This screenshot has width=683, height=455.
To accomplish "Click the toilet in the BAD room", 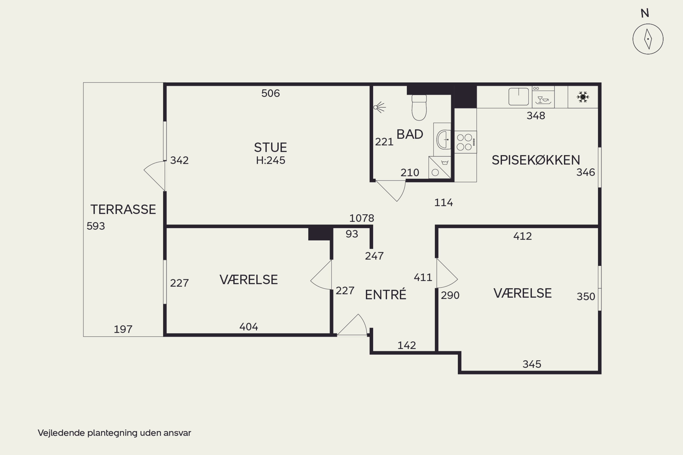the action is [x=419, y=107].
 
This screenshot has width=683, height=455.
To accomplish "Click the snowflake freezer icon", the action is [x=583, y=97].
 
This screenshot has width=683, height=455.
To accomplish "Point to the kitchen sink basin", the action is [x=518, y=97].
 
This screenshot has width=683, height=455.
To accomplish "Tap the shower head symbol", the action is [x=380, y=107].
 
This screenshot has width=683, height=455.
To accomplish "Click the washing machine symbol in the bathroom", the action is [x=440, y=167].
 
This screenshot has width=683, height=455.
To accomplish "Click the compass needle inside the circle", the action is [x=648, y=39].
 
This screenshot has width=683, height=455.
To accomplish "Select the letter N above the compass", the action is [x=645, y=13].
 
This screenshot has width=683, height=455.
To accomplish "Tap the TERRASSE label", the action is [x=123, y=209].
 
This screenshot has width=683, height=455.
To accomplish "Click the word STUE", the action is [x=270, y=147].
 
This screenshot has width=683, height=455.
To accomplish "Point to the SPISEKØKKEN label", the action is [x=536, y=160].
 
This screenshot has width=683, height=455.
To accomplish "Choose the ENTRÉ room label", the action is [x=385, y=295].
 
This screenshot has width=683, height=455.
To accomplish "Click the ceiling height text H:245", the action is [x=270, y=160].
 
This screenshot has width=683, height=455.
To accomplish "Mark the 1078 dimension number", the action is [x=362, y=218].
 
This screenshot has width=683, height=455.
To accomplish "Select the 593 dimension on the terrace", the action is [x=96, y=226].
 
